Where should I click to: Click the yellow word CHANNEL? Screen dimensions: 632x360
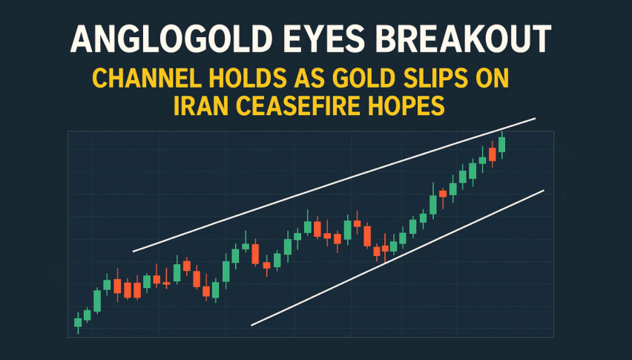pyautogui.click(x=147, y=78)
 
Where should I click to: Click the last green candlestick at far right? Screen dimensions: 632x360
pyautogui.click(x=501, y=145)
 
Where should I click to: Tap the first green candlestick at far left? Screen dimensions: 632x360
pyautogui.click(x=78, y=322)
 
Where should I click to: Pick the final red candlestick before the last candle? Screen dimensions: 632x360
pyautogui.click(x=492, y=154)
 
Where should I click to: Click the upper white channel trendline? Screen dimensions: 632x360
pyautogui.click(x=334, y=185)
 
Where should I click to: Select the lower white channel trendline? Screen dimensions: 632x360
pyautogui.click(x=398, y=258)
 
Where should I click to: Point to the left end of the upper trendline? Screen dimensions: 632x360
pyautogui.click(x=134, y=252)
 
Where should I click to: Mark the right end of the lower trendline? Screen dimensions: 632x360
pyautogui.click(x=544, y=190)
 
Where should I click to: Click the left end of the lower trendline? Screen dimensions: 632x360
pyautogui.click(x=251, y=325)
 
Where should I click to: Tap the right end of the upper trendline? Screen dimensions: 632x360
pyautogui.click(x=536, y=119)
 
